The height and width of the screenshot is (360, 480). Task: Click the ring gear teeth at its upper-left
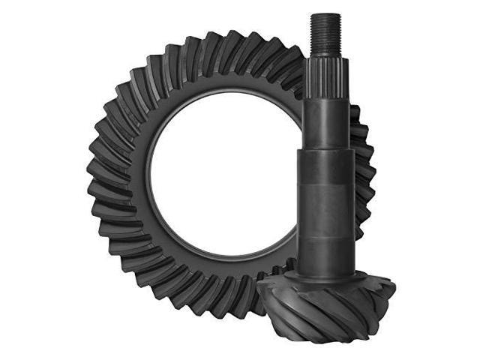pyautogui.click(x=135, y=90)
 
